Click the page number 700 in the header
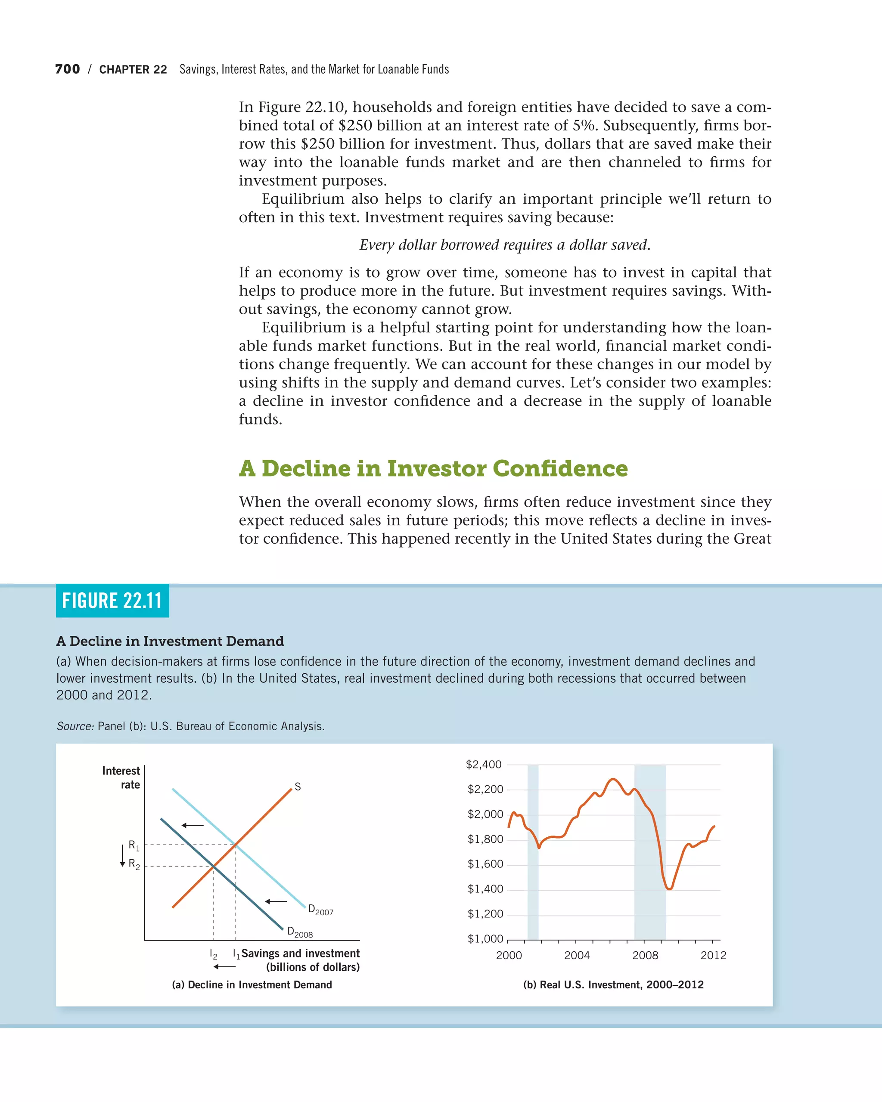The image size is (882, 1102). click(x=68, y=69)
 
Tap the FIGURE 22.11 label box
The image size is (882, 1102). click(x=112, y=601)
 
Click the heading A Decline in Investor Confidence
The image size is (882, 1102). click(x=433, y=468)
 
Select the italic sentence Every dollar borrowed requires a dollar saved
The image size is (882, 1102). click(x=505, y=245)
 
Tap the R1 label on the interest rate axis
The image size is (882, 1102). click(x=134, y=845)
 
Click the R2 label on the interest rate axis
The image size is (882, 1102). click(x=134, y=864)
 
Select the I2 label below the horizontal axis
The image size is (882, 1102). click(x=214, y=954)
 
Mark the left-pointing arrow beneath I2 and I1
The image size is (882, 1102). click(x=224, y=966)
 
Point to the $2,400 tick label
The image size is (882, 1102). click(x=484, y=765)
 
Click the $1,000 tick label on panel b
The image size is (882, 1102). click(x=485, y=939)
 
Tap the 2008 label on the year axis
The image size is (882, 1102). click(x=645, y=955)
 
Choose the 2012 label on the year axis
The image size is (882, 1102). click(x=713, y=955)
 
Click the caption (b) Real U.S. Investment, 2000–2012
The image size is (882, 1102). click(x=613, y=985)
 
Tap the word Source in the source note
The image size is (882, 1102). click(x=75, y=726)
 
